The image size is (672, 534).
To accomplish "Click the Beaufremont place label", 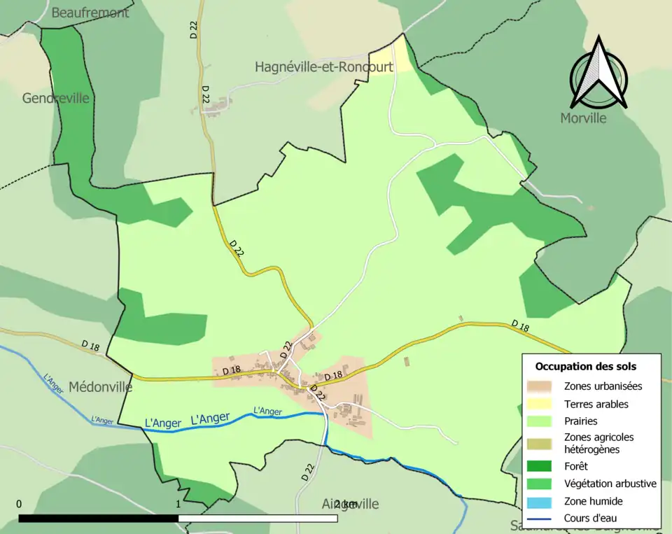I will (x=90, y=13).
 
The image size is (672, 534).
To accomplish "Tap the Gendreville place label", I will (x=56, y=98).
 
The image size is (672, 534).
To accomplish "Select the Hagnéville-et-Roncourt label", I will (x=323, y=67).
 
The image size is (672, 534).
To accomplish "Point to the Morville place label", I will (x=583, y=118).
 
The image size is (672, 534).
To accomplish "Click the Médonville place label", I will (x=101, y=387).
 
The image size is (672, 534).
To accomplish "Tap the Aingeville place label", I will (x=339, y=504).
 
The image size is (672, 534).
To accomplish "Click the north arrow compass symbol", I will (x=598, y=73).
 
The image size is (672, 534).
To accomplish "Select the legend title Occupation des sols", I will (x=586, y=366).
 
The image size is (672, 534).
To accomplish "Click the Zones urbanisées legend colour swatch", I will (x=542, y=386).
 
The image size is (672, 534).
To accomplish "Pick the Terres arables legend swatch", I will (x=542, y=404).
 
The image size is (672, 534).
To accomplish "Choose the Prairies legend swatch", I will (x=542, y=421).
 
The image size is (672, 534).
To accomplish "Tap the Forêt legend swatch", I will (x=542, y=466).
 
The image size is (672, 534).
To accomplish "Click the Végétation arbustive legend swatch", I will (x=542, y=484).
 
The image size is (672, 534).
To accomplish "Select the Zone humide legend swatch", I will (x=542, y=501).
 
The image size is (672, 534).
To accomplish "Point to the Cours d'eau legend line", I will (x=542, y=519).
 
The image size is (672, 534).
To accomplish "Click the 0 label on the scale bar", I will (x=19, y=504).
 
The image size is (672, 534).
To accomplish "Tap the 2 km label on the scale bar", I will (x=346, y=504).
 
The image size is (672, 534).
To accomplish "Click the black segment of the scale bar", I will (x=98, y=519).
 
